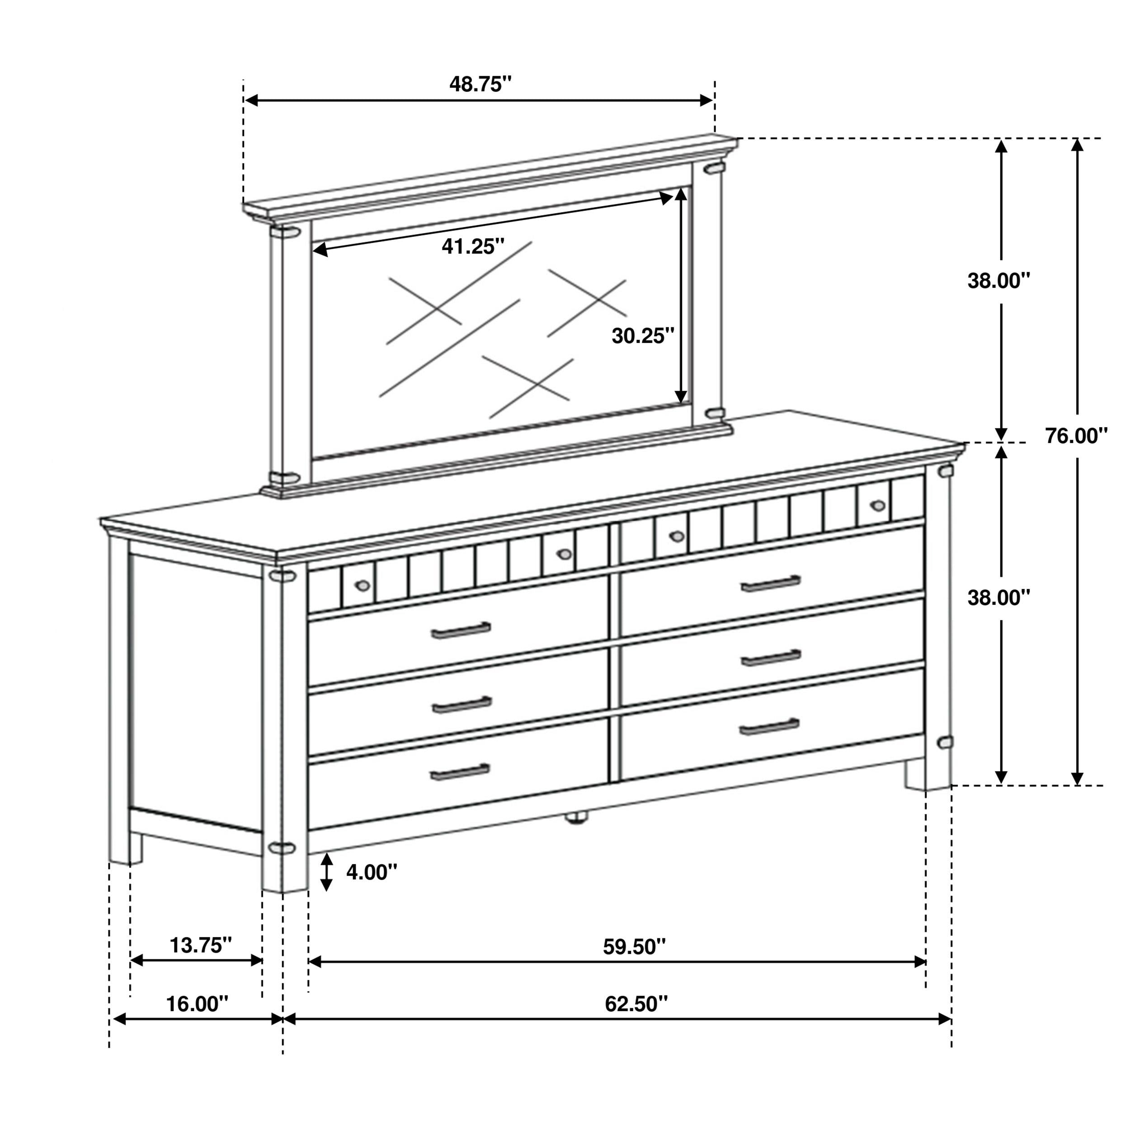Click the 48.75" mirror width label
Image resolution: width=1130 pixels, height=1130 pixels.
[480, 84]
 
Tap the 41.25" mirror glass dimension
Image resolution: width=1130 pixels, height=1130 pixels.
[473, 246]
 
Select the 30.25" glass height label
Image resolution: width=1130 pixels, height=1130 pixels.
[643, 336]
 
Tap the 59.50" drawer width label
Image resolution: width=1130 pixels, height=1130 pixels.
[635, 946]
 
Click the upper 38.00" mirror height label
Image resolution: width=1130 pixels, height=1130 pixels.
[998, 281]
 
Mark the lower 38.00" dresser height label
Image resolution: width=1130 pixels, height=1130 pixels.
[998, 597]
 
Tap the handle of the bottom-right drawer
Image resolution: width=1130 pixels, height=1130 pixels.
[769, 727]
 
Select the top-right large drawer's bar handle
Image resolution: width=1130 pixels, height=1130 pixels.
[770, 584]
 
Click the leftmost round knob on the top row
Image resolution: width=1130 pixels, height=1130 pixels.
[362, 585]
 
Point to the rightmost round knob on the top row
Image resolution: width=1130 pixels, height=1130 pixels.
[877, 505]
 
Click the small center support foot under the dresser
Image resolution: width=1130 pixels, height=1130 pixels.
[576, 818]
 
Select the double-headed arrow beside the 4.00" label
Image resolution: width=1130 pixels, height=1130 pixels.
[327, 872]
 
